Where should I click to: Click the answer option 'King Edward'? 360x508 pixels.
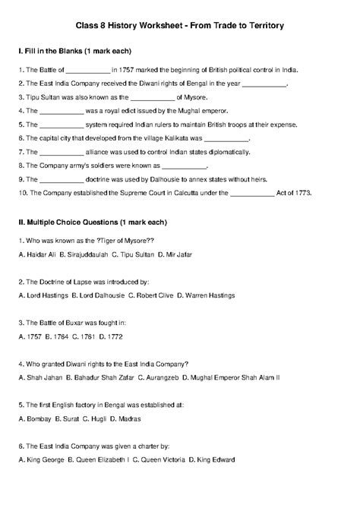(x=216, y=459)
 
